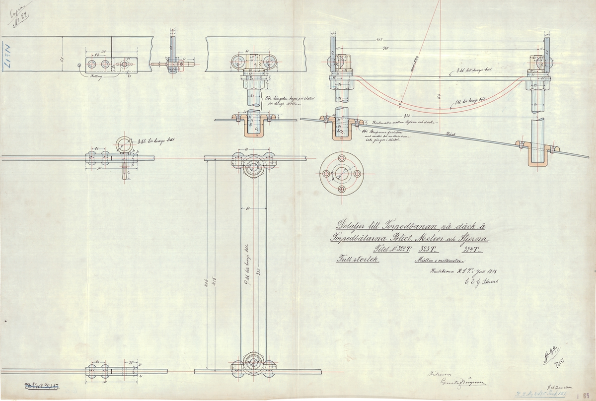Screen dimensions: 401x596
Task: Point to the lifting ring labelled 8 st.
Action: point(123,144)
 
